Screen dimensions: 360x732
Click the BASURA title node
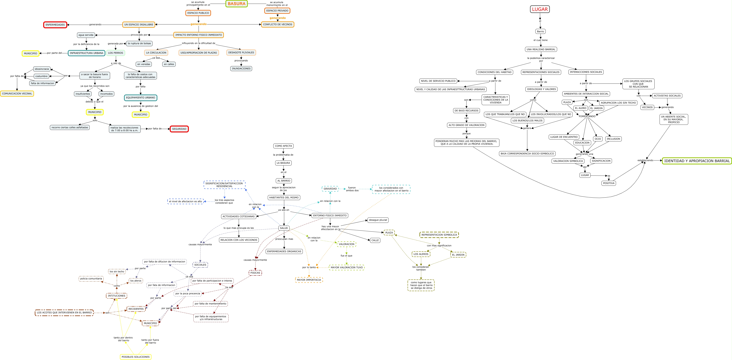click(236, 4)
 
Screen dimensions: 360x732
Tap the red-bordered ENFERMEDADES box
click(55, 25)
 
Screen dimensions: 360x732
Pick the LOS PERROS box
click(115, 53)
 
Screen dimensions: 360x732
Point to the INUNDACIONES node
click(241, 68)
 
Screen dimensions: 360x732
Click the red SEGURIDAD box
click(179, 129)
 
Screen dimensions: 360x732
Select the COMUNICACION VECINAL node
click(17, 93)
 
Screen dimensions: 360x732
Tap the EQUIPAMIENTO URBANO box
click(140, 98)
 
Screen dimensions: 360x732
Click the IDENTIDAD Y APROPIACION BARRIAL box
click(697, 161)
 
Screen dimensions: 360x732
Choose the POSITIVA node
click(609, 183)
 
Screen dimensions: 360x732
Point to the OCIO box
click(598, 139)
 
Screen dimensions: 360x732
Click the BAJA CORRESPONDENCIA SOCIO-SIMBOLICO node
click(527, 154)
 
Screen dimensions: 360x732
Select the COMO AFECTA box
click(283, 146)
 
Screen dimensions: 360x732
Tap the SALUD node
click(284, 228)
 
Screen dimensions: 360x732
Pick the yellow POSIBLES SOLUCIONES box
click(136, 357)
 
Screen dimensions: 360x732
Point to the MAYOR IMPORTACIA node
click(309, 280)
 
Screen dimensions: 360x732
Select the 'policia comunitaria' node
click(91, 279)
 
